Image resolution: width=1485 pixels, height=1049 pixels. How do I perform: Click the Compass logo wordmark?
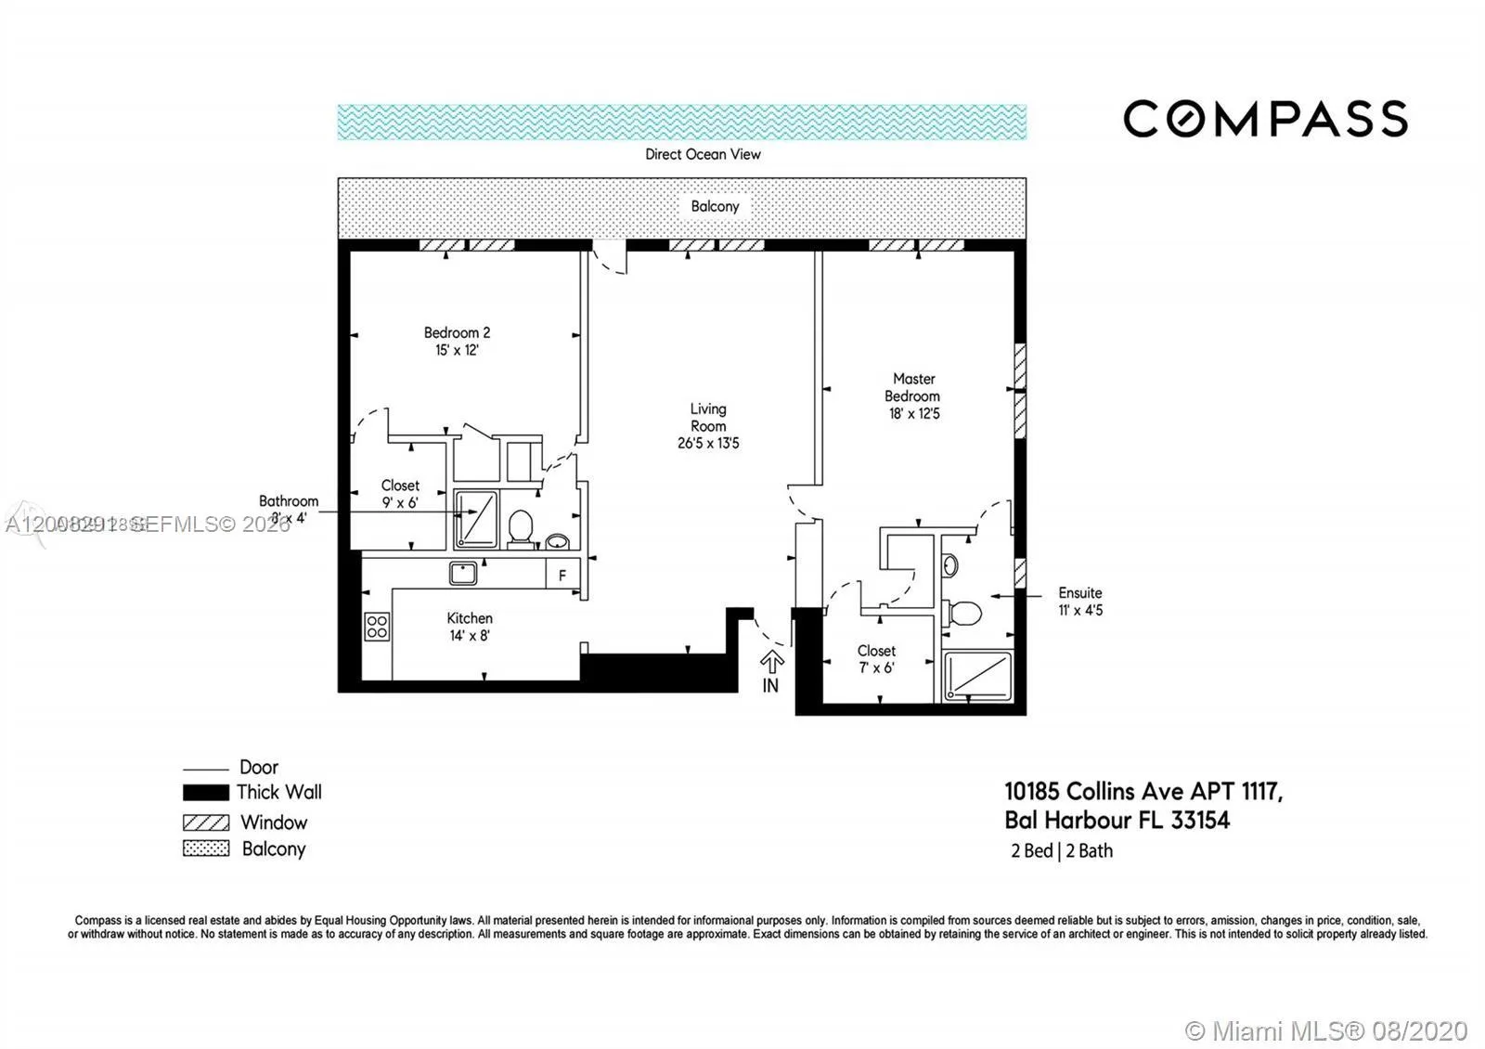coord(1265,119)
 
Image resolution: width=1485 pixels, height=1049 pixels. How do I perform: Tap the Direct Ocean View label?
coord(703,154)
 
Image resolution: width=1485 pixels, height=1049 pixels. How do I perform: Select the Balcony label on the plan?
coord(715,206)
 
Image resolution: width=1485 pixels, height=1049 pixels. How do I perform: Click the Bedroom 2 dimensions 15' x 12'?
coord(457,350)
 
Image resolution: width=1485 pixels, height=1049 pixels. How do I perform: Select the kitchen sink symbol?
coord(463,573)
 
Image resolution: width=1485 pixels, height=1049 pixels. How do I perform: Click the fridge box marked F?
coord(562,575)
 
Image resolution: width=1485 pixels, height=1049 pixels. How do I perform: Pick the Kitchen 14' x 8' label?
coord(470,627)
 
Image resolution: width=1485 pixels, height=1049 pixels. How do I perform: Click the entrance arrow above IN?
coord(772,662)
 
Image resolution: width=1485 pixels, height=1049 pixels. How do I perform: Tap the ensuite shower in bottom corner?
coord(977,676)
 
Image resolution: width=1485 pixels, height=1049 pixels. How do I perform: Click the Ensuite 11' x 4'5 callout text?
coord(1080,602)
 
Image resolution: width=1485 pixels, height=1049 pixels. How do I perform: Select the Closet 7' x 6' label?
coord(876,658)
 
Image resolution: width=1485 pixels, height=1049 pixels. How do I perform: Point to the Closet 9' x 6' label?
coord(400,494)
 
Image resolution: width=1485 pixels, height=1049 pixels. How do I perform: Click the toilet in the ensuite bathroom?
coord(963,613)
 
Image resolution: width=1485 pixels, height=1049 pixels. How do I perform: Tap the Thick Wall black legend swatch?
coord(205,793)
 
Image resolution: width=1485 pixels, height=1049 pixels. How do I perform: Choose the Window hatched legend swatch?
coord(205,822)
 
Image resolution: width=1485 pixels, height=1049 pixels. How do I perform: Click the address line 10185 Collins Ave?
coord(1143,792)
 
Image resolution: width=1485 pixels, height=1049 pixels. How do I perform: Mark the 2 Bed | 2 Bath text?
coord(1062,850)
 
